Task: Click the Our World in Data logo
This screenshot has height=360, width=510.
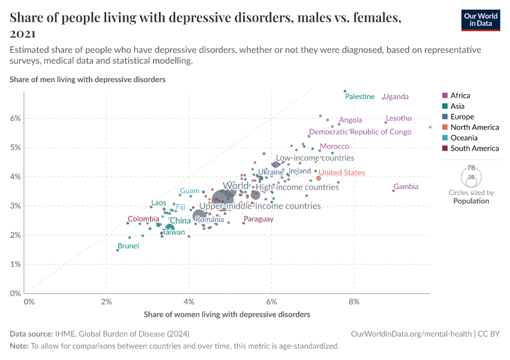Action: tap(481, 20)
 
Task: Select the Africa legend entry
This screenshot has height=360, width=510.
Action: tap(460, 95)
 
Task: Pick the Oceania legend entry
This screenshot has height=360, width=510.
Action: tap(464, 137)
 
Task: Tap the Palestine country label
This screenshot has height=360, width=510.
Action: tap(360, 97)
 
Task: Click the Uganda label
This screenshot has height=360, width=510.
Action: tap(395, 97)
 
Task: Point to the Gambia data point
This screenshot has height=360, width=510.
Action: tap(394, 190)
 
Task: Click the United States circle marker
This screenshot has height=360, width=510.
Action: tap(319, 178)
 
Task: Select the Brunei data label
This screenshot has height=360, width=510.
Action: tap(128, 246)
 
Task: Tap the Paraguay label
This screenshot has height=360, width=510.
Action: tap(259, 219)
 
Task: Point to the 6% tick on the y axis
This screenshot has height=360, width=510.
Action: tap(14, 118)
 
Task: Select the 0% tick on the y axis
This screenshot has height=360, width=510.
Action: tap(16, 293)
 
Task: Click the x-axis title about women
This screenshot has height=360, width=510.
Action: tap(227, 314)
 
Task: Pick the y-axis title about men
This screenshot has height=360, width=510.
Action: tap(88, 79)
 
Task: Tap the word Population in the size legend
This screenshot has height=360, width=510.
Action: tap(471, 201)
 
